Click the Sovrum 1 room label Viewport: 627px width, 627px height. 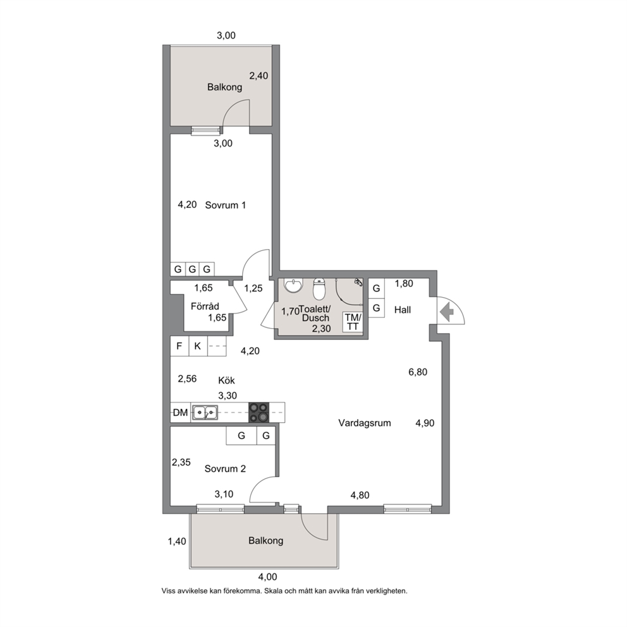click(225, 205)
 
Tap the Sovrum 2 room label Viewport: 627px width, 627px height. click(225, 468)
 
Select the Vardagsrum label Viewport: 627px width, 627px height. click(364, 423)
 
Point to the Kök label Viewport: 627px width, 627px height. click(226, 380)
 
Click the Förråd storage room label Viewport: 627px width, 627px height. click(205, 307)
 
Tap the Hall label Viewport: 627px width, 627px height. click(402, 310)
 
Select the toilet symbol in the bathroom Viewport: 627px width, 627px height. click(319, 289)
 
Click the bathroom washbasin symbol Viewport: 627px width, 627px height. click(293, 286)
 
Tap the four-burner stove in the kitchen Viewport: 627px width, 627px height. click(259, 412)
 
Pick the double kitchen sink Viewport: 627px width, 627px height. click(205, 412)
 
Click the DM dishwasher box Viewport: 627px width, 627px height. click(180, 412)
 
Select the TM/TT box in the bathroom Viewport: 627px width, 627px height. click(353, 322)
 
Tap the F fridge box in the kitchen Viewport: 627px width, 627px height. click(180, 346)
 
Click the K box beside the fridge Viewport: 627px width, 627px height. click(198, 346)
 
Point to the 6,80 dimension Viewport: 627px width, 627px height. click(418, 372)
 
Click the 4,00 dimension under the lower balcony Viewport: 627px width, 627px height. click(267, 577)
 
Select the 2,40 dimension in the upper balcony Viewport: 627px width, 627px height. click(259, 76)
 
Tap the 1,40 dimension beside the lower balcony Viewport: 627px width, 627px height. click(177, 542)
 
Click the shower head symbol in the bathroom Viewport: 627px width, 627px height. click(358, 283)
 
